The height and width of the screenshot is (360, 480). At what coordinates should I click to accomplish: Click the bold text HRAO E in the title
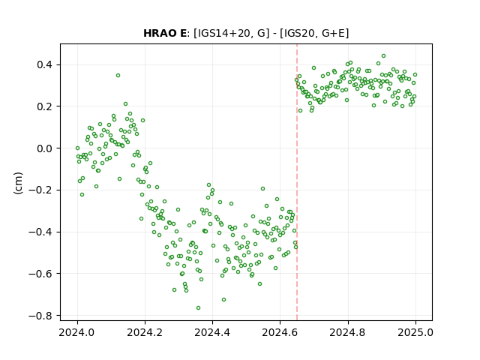[x=165, y=33]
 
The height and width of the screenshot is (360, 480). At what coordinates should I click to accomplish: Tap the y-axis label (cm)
[x=18, y=183]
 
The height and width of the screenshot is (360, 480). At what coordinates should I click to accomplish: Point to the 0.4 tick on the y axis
[x=45, y=65]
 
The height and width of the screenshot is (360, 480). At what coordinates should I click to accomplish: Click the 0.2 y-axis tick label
[x=45, y=106]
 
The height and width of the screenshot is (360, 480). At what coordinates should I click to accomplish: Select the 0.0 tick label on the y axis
[x=45, y=148]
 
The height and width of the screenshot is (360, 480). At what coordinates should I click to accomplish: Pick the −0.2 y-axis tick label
[x=40, y=190]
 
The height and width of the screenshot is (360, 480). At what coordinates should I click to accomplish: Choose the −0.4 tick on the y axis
[x=40, y=232]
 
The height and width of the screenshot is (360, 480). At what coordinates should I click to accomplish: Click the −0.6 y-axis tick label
[x=40, y=274]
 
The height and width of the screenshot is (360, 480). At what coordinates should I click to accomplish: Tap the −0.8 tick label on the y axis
[x=40, y=316]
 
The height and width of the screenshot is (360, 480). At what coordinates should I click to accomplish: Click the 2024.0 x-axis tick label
[x=77, y=332]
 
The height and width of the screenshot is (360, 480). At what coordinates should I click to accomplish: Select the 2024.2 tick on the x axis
[x=145, y=332]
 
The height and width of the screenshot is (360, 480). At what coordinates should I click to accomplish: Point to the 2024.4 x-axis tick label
[x=212, y=332]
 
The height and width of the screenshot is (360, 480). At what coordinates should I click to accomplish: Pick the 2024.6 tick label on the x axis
[x=280, y=332]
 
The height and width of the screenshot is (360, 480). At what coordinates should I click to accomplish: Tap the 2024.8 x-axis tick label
[x=348, y=332]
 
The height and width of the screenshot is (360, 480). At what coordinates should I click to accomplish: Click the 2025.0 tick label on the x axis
[x=415, y=332]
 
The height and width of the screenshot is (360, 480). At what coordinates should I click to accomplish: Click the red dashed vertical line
[x=297, y=182]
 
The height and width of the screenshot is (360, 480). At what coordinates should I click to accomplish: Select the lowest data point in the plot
[x=198, y=308]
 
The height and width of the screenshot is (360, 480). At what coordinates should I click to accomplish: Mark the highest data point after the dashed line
[x=383, y=56]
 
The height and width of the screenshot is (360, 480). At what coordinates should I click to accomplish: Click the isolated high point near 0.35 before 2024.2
[x=118, y=75]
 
